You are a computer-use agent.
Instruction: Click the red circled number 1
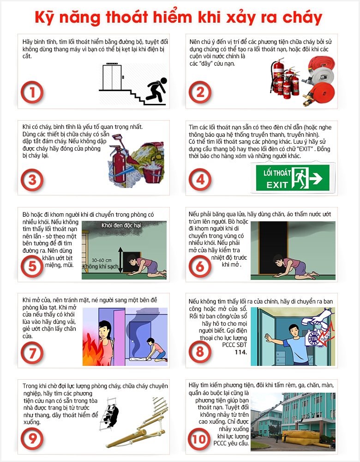click(x=32, y=92)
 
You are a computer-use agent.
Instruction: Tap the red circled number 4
click(x=200, y=180)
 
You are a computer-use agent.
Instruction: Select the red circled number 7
click(x=32, y=353)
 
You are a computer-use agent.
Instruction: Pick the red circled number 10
click(x=199, y=439)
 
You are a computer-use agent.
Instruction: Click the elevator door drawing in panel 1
click(x=112, y=77)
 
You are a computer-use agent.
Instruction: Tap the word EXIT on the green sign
click(x=277, y=185)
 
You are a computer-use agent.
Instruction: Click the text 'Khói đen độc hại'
click(x=121, y=225)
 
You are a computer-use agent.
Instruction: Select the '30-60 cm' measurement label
click(x=102, y=260)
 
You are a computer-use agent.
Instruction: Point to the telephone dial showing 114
click(x=314, y=338)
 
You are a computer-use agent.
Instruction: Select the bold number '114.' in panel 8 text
click(x=241, y=352)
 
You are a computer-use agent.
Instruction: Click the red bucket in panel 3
click(x=152, y=174)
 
